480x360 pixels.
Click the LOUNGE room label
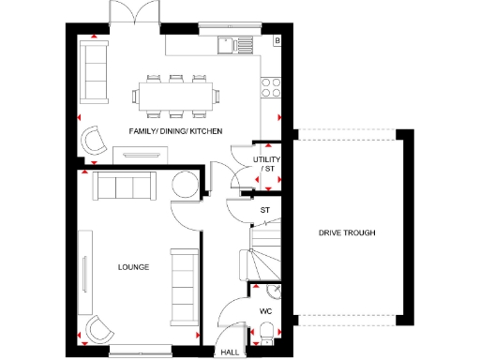point(133,267)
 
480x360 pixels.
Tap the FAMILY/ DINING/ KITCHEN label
point(175,131)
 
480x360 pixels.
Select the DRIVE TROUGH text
point(347,232)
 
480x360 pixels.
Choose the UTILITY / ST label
point(267,164)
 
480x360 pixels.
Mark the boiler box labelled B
point(277,40)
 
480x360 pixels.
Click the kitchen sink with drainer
point(235,43)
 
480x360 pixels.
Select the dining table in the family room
point(176,94)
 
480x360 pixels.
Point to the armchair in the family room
point(95,140)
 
